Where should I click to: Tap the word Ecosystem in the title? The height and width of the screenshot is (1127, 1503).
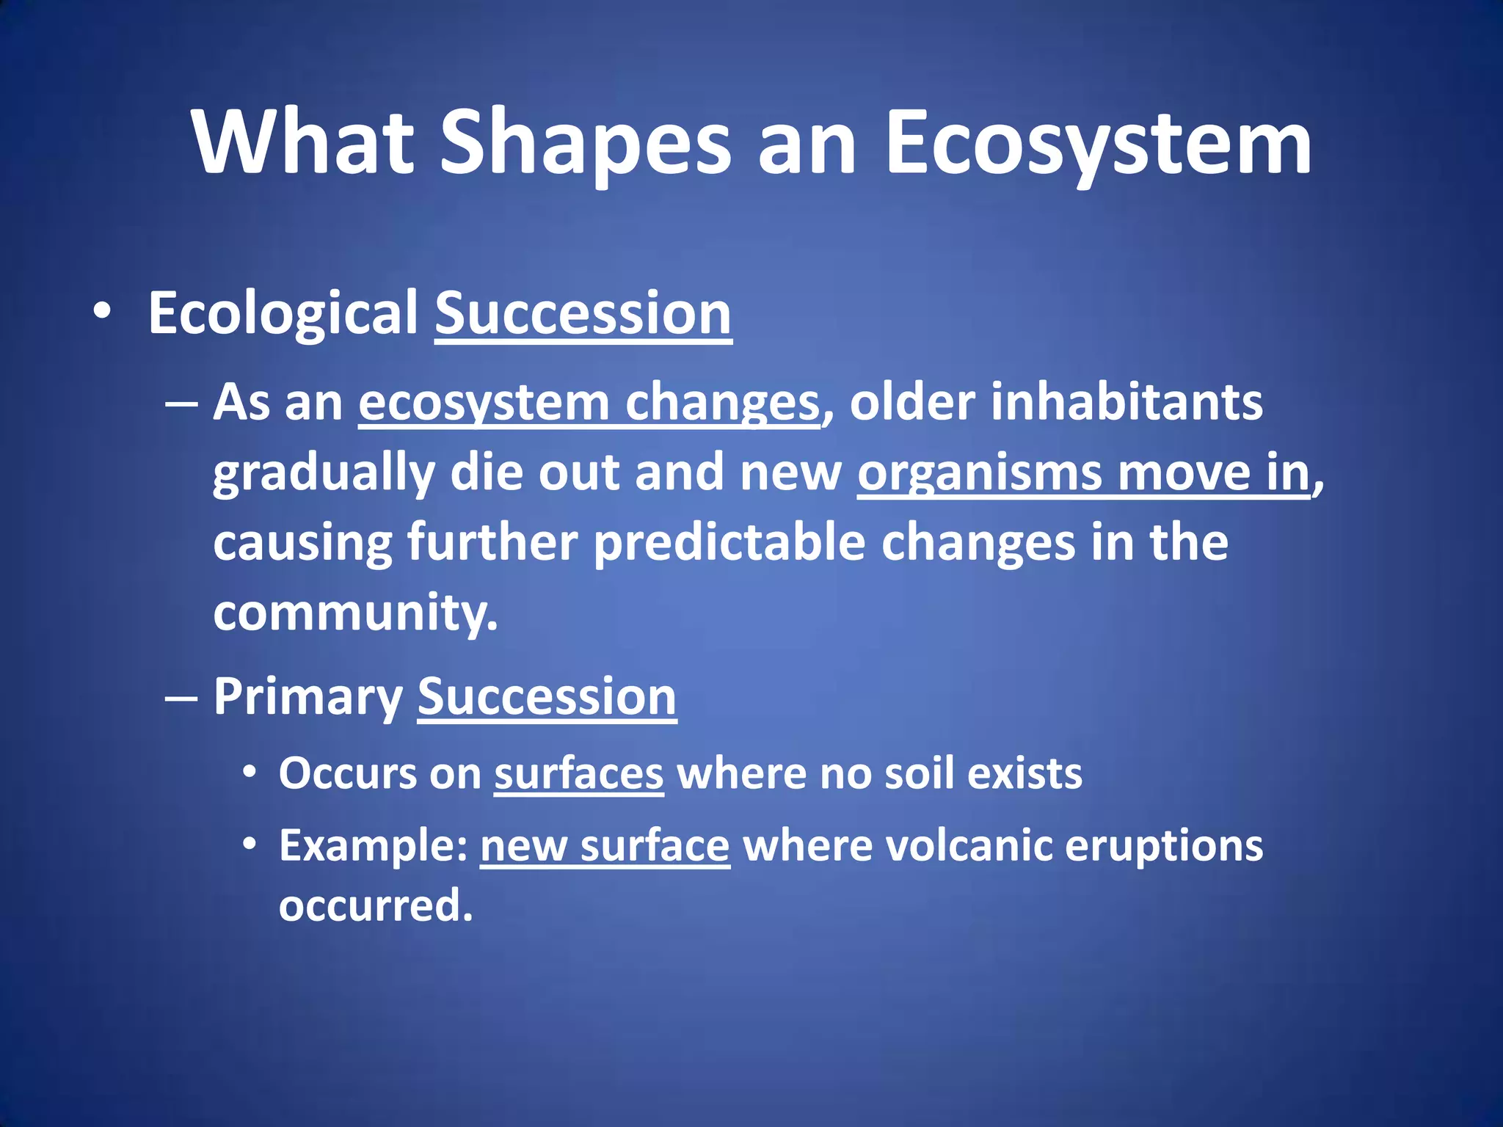pyautogui.click(x=1098, y=143)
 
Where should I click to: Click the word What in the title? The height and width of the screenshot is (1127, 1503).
pyautogui.click(x=303, y=143)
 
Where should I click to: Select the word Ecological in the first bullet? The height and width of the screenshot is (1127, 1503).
pyautogui.click(x=283, y=314)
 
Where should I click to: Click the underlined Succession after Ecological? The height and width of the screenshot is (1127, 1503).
pyautogui.click(x=583, y=314)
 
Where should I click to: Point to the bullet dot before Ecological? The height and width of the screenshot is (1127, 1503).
pyautogui.click(x=103, y=312)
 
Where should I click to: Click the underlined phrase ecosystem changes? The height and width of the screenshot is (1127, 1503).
pyautogui.click(x=589, y=404)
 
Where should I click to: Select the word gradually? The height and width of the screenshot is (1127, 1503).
pyautogui.click(x=324, y=473)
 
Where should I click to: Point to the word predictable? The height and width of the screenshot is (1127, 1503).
pyautogui.click(x=729, y=542)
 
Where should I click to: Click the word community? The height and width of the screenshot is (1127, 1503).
pyautogui.click(x=354, y=613)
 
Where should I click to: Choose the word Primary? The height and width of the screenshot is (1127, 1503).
pyautogui.click(x=307, y=697)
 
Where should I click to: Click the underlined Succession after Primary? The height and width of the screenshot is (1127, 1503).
pyautogui.click(x=547, y=697)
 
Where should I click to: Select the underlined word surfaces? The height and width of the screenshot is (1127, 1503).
pyautogui.click(x=578, y=774)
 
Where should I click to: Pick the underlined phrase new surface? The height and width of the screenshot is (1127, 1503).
pyautogui.click(x=605, y=846)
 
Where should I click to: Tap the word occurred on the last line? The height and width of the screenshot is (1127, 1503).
pyautogui.click(x=375, y=906)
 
